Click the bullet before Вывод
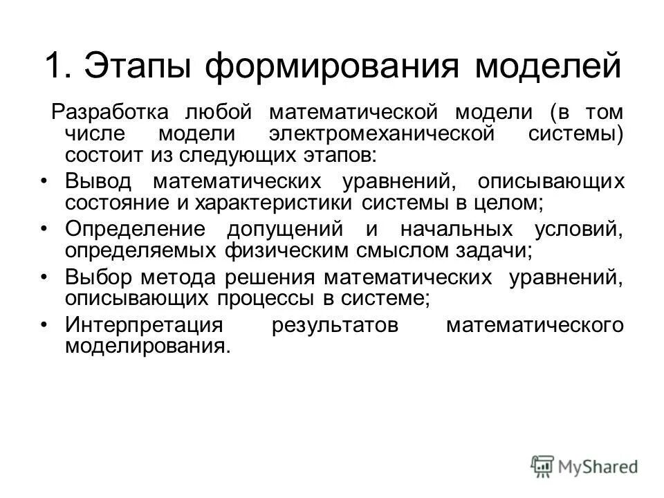pos(44,182)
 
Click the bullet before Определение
pos(44,230)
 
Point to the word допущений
pos(286,230)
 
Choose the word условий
pos(578,230)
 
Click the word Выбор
pos(98,277)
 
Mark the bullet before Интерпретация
pos(44,325)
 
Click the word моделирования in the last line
pos(146,346)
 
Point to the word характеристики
pos(276,203)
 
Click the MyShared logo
pos(584,466)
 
